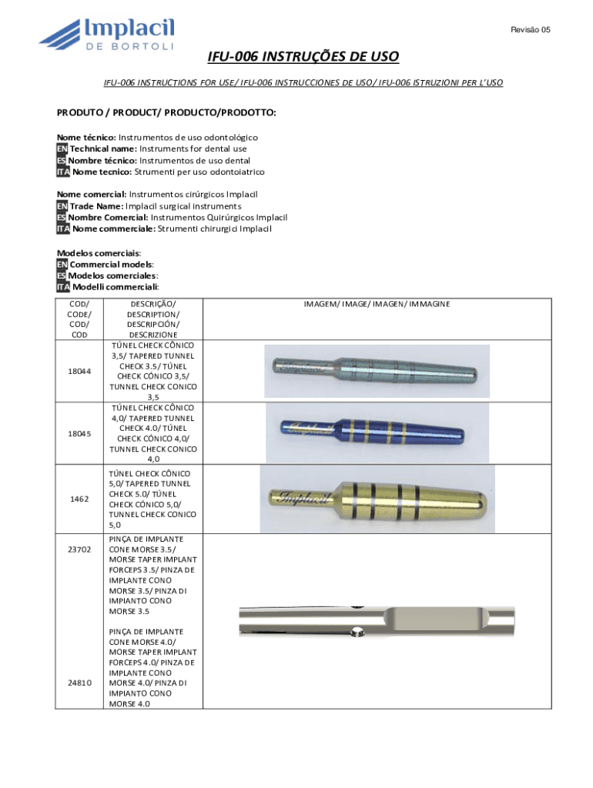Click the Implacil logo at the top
(108, 35)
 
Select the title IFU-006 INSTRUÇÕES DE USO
(303, 58)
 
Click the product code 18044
(79, 371)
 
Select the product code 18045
(79, 433)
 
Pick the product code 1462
(79, 499)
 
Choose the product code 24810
(79, 683)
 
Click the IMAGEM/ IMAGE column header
(377, 304)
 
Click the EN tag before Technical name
(62, 149)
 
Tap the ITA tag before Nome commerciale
(63, 229)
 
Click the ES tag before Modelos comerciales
(62, 275)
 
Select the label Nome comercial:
(92, 194)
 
